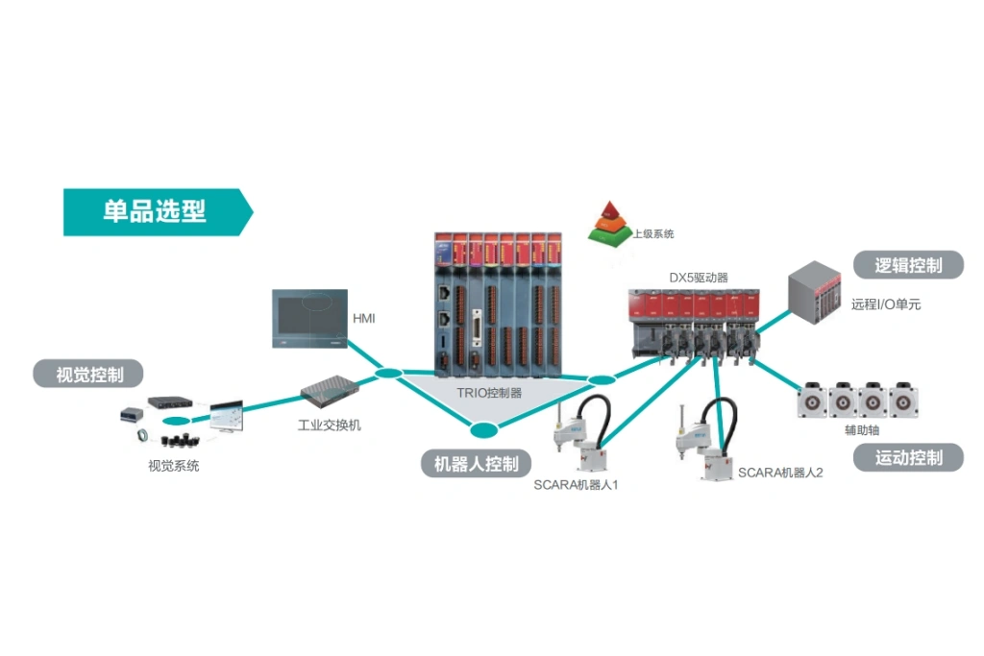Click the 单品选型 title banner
click(x=155, y=211)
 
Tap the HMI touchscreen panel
click(x=307, y=318)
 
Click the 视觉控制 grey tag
click(x=90, y=375)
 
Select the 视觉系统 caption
click(x=174, y=466)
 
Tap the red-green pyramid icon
click(x=608, y=220)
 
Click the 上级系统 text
click(x=653, y=233)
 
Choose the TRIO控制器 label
click(x=490, y=392)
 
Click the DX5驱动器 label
click(x=699, y=278)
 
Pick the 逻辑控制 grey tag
click(x=908, y=265)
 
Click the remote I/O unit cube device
click(x=814, y=291)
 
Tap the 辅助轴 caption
click(x=861, y=429)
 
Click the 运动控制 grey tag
click(x=908, y=457)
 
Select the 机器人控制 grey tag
click(x=477, y=464)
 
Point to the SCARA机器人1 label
click(x=576, y=485)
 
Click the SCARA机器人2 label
click(x=780, y=473)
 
